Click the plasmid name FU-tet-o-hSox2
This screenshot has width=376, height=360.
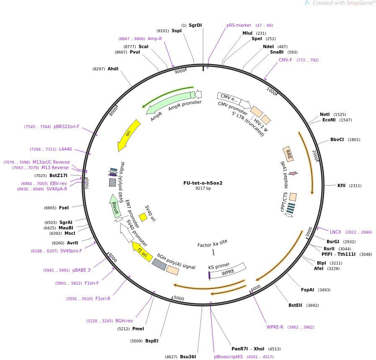[203, 183]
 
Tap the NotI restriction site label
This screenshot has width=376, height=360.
[325, 114]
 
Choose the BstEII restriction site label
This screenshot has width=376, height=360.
[295, 305]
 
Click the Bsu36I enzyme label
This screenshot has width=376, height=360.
[188, 357]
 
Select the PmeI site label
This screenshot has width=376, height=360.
[138, 329]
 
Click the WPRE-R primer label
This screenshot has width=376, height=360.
[275, 327]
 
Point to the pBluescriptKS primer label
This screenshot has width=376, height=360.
[228, 357]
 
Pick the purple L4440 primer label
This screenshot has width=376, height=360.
[65, 149]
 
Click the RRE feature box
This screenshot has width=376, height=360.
[288, 154]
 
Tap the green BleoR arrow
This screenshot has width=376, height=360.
[115, 206]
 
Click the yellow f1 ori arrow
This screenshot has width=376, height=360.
[142, 251]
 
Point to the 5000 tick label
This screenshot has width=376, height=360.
[179, 298]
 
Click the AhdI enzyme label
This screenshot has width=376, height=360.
[113, 69]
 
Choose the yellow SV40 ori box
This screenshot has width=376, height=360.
[143, 217]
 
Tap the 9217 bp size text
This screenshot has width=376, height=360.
[203, 188]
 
